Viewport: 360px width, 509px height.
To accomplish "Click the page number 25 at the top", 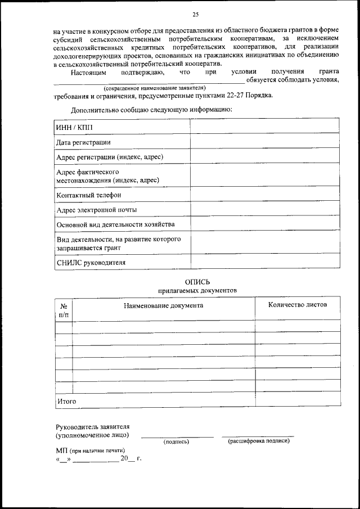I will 196,15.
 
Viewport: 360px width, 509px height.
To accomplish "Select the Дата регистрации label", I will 84,142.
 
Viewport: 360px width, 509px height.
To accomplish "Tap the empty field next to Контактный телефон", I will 264,195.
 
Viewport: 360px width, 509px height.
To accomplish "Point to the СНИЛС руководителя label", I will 91,262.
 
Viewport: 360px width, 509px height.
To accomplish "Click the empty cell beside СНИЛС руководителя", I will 264,262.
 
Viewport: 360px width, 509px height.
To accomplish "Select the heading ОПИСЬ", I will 197,281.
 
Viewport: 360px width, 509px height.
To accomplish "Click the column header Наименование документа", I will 164,305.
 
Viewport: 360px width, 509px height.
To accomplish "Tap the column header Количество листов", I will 298,304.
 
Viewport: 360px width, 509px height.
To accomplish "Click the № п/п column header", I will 64,309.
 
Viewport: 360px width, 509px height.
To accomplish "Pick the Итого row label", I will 66,401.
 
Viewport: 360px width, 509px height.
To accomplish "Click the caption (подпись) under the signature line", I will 176,442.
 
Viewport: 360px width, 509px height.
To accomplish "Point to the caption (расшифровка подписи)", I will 258,441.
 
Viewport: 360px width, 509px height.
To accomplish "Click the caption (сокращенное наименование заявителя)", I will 155,88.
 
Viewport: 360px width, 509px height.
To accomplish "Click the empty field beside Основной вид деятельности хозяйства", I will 264,224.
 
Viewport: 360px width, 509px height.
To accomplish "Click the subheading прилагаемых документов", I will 197,290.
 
